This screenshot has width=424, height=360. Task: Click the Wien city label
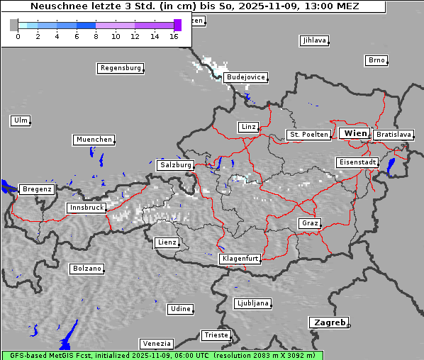(355, 133)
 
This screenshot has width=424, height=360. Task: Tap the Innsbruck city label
(87, 208)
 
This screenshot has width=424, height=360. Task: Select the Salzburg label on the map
(176, 165)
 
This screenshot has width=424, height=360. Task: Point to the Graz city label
(309, 223)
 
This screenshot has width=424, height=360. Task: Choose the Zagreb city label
(329, 322)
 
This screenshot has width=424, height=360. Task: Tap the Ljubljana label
(252, 303)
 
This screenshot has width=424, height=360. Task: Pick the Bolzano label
(87, 269)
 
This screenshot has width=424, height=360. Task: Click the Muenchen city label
(94, 140)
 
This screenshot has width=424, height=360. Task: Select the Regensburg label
(120, 68)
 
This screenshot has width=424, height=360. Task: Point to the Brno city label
(376, 60)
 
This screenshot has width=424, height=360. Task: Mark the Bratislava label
(393, 135)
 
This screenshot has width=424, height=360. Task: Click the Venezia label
(155, 344)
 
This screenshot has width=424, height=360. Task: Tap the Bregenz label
(37, 190)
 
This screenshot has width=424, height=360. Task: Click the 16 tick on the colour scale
(174, 36)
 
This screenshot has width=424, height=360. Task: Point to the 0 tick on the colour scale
(18, 36)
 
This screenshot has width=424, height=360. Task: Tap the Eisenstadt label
(357, 162)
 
